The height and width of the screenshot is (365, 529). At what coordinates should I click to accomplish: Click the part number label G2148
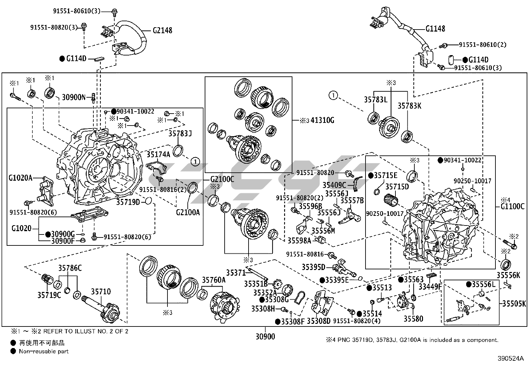click(162, 31)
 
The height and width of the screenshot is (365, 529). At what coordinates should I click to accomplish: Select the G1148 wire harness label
click(435, 29)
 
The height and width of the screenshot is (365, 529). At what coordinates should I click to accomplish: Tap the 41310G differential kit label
click(322, 120)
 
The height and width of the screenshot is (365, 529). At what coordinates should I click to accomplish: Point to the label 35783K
click(409, 106)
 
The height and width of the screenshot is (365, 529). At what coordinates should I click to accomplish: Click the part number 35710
click(101, 292)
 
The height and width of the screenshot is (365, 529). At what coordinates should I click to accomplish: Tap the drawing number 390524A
click(510, 359)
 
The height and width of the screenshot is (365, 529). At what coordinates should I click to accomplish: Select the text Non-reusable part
click(44, 351)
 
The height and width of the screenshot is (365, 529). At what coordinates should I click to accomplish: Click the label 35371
click(236, 273)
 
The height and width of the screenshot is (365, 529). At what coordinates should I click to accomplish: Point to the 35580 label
click(413, 319)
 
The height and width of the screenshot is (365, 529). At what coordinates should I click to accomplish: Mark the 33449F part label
click(439, 286)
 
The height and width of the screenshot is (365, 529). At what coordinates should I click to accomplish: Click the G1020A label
click(21, 178)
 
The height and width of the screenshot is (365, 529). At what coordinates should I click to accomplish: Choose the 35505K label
click(514, 304)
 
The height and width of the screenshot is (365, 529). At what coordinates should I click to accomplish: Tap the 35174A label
click(159, 154)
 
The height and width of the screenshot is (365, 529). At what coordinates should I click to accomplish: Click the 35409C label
click(334, 185)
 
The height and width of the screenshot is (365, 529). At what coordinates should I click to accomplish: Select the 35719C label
click(49, 295)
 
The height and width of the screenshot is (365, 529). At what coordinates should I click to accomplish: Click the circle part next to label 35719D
click(149, 201)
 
